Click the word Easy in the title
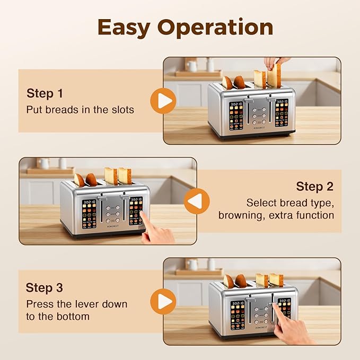(124, 28)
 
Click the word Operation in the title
(215, 28)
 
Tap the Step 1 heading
(45, 93)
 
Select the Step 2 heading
(314, 186)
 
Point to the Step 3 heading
(45, 287)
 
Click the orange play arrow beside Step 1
(163, 101)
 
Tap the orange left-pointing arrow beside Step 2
(197, 201)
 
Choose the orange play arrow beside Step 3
(163, 302)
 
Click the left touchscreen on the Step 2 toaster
(89, 214)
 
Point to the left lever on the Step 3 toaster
(250, 300)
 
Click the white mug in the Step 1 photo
(192, 66)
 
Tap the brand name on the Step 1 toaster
(259, 128)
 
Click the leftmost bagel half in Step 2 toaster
(79, 180)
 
